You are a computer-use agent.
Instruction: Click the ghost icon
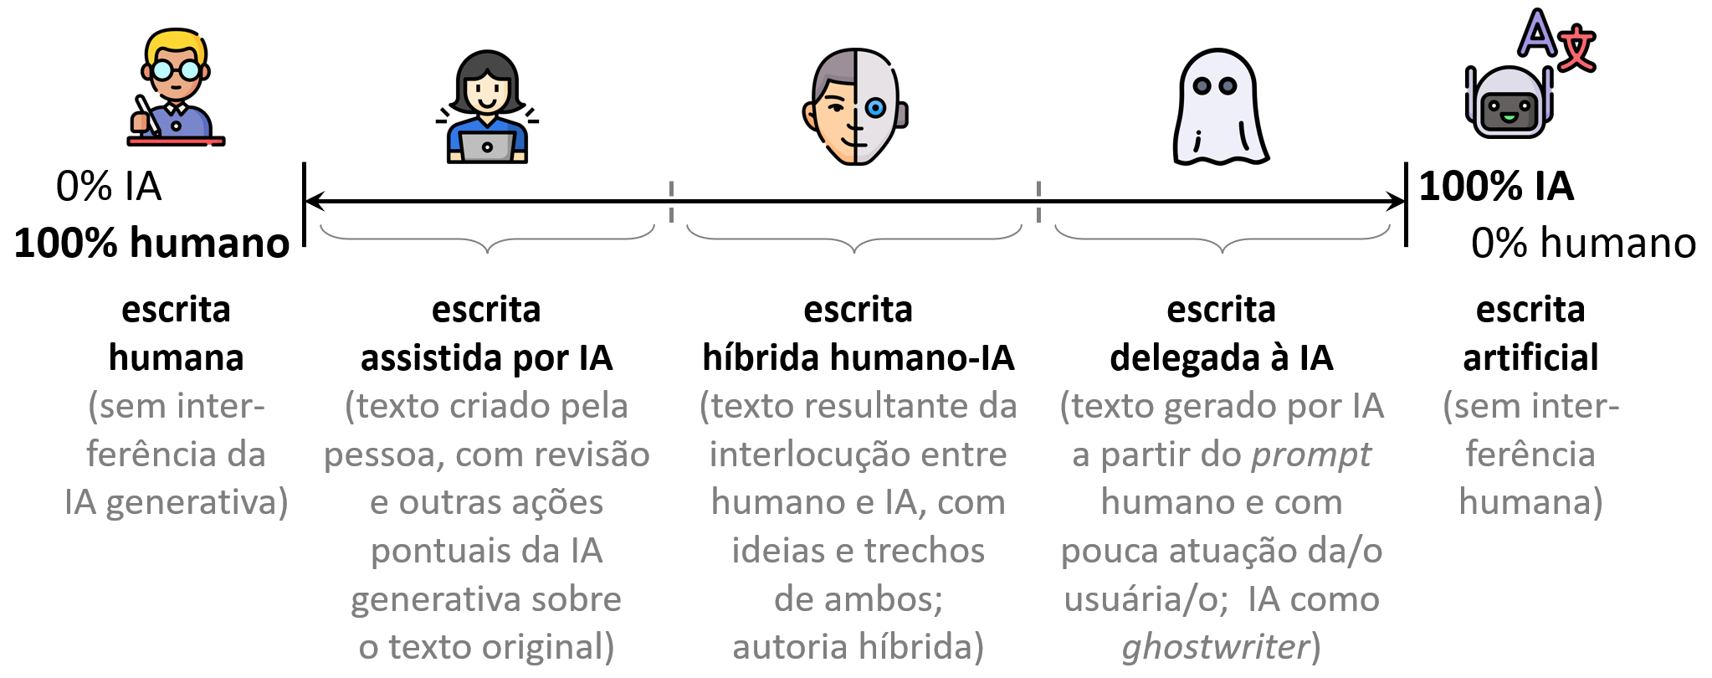[x=1219, y=107]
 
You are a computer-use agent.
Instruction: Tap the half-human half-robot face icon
[x=855, y=106]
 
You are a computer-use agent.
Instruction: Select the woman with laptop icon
[x=487, y=107]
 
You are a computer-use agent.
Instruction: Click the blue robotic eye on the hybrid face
[x=875, y=107]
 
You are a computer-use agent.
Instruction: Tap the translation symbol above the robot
[x=1557, y=39]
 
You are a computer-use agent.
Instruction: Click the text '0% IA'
[x=109, y=186]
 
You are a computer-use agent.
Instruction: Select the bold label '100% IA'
[x=1496, y=186]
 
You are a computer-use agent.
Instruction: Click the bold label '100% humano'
[x=151, y=244]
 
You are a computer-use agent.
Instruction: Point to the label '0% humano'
[x=1583, y=244]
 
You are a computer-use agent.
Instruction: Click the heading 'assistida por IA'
[x=486, y=358]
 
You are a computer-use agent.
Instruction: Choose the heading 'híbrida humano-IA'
[x=858, y=358]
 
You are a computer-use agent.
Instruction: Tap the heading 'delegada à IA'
[x=1221, y=358]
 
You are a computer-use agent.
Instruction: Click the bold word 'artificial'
[x=1530, y=358]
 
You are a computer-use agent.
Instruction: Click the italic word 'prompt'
[x=1311, y=455]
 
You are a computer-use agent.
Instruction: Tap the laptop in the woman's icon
[x=487, y=147]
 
